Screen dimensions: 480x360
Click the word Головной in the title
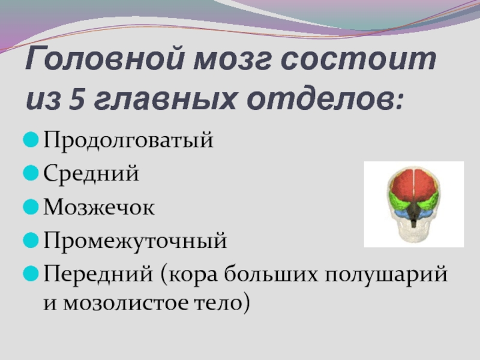pos(104,58)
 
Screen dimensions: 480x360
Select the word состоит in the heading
pos(358,58)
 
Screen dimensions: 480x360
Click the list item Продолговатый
pos(128,140)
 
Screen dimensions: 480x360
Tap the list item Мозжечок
pos(99,207)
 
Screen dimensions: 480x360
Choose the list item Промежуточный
pos(135,241)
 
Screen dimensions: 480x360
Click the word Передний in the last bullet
pos(98,274)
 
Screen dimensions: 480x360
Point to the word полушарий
pos(386,275)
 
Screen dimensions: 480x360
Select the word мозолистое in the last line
pos(125,303)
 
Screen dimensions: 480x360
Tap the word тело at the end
pos(218,303)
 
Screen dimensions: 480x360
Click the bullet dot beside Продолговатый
pos(31,140)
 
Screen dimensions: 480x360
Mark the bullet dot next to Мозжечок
pos(31,207)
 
